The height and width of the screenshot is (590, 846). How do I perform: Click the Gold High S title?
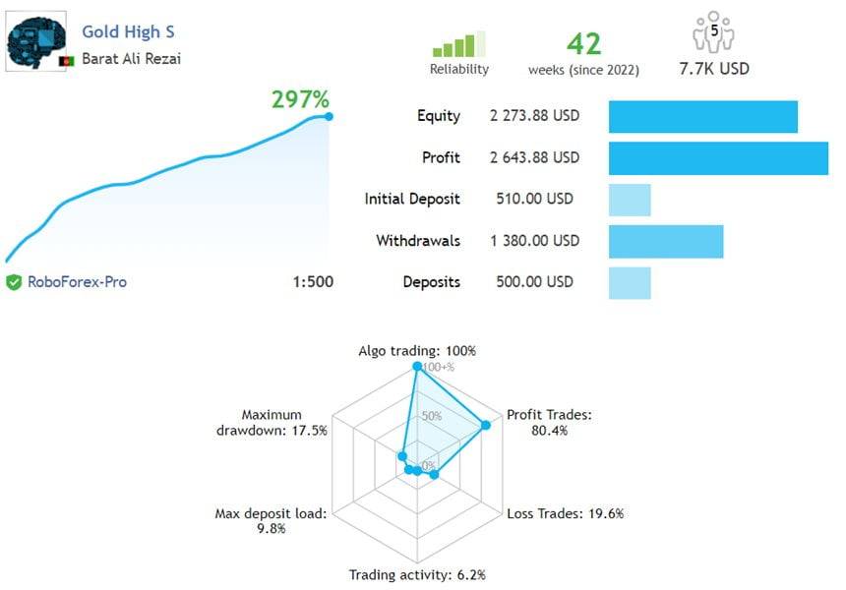(x=128, y=32)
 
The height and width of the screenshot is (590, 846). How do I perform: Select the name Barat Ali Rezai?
(x=131, y=58)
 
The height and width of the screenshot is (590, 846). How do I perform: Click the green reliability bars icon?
(x=458, y=43)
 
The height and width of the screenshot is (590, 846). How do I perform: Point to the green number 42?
(x=583, y=43)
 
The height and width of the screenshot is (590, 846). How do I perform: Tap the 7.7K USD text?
(x=714, y=69)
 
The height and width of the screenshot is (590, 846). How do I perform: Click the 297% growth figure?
(x=300, y=98)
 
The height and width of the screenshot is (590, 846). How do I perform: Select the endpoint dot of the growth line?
(x=328, y=116)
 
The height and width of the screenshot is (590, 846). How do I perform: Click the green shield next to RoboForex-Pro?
(x=14, y=282)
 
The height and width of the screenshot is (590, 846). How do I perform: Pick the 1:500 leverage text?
(x=313, y=282)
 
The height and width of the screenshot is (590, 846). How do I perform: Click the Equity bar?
(x=702, y=116)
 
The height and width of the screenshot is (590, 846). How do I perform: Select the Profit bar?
(x=718, y=158)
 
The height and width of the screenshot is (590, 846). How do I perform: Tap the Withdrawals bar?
(x=666, y=241)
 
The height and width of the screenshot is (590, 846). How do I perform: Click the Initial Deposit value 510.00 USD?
(x=534, y=200)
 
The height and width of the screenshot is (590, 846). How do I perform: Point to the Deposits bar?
(x=630, y=282)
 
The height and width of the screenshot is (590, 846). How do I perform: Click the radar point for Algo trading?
(x=417, y=367)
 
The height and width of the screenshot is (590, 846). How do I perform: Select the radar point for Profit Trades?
(x=485, y=426)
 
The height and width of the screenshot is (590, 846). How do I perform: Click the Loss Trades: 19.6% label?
(x=565, y=513)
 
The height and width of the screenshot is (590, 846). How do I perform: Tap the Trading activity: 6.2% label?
(x=417, y=574)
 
